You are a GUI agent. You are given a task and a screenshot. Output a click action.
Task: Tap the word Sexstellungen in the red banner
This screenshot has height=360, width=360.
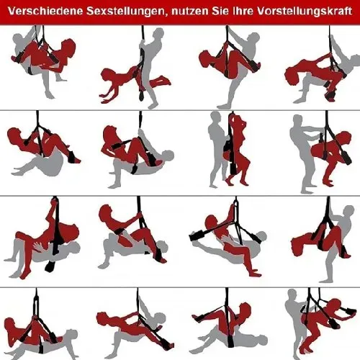tap(125, 12)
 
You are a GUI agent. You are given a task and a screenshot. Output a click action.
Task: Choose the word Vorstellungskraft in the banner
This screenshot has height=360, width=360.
tap(304, 12)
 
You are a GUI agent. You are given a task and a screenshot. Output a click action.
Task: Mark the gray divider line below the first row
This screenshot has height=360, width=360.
tap(180, 110)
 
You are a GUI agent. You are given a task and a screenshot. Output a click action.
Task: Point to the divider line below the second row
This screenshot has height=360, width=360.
tap(180, 196)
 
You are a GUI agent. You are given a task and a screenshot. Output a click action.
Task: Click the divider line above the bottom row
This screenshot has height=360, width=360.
tap(180, 287)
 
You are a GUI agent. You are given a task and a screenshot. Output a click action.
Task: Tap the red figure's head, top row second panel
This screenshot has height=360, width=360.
tap(107, 75)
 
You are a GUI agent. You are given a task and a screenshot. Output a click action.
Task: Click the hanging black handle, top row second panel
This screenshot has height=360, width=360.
tap(142, 95)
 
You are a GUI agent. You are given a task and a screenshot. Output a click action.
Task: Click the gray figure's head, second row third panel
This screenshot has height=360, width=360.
tap(215, 118)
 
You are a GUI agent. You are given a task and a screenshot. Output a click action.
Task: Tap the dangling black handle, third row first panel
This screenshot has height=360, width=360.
tap(50, 266)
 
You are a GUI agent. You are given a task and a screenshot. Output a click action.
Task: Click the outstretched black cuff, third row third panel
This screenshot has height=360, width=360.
tap(197, 235)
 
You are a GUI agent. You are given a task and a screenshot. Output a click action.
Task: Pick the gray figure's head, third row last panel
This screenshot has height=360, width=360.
tap(348, 212)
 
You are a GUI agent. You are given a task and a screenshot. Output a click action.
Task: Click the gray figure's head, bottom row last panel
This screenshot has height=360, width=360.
tap(292, 296)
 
